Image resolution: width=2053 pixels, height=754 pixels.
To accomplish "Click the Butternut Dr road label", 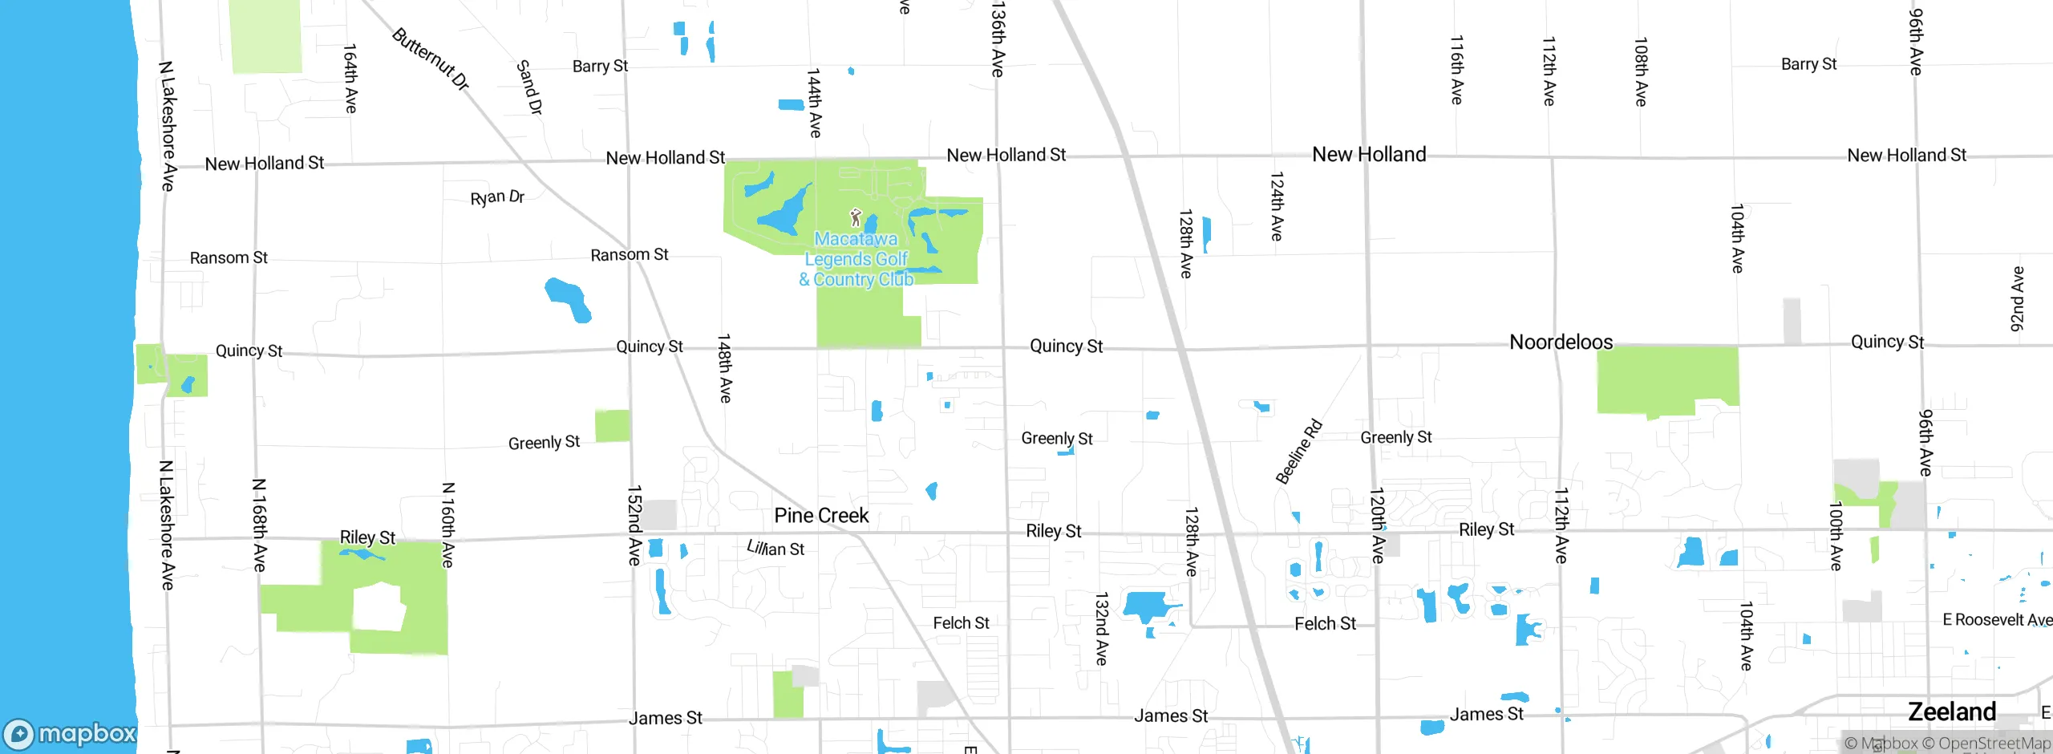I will point(431,59).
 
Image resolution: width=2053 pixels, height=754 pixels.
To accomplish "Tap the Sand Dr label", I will point(529,87).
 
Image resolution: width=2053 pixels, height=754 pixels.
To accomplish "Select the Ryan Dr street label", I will point(497,197).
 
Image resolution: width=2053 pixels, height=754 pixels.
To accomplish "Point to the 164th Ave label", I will point(350,79).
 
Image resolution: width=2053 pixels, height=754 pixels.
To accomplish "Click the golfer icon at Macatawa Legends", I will point(856,217).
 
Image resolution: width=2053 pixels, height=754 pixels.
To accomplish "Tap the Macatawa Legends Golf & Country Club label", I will point(856,259).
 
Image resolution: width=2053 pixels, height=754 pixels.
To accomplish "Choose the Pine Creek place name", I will point(821,516).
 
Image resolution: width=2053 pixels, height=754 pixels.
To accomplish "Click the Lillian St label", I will point(775,549).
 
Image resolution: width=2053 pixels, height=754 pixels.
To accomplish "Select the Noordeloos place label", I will point(1561,343).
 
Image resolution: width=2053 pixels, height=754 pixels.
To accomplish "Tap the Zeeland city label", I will point(1952,712).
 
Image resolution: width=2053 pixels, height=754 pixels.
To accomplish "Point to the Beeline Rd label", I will point(1298,452).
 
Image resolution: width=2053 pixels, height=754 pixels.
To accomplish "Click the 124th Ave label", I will point(1277,206).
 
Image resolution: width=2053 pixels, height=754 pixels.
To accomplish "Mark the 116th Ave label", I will point(1456,70).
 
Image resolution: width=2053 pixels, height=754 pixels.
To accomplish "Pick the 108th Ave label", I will point(1641,72).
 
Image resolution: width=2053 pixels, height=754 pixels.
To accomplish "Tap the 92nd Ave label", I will point(2018,299).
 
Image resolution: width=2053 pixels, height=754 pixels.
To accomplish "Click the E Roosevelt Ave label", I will point(1997,620).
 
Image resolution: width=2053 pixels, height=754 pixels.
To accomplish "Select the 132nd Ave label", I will point(1102,629).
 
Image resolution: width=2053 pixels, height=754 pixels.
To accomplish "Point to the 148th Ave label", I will point(724,368).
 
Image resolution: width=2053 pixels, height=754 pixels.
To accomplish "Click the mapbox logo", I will point(71,734).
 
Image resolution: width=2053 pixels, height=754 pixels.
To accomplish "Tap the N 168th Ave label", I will point(259,525).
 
